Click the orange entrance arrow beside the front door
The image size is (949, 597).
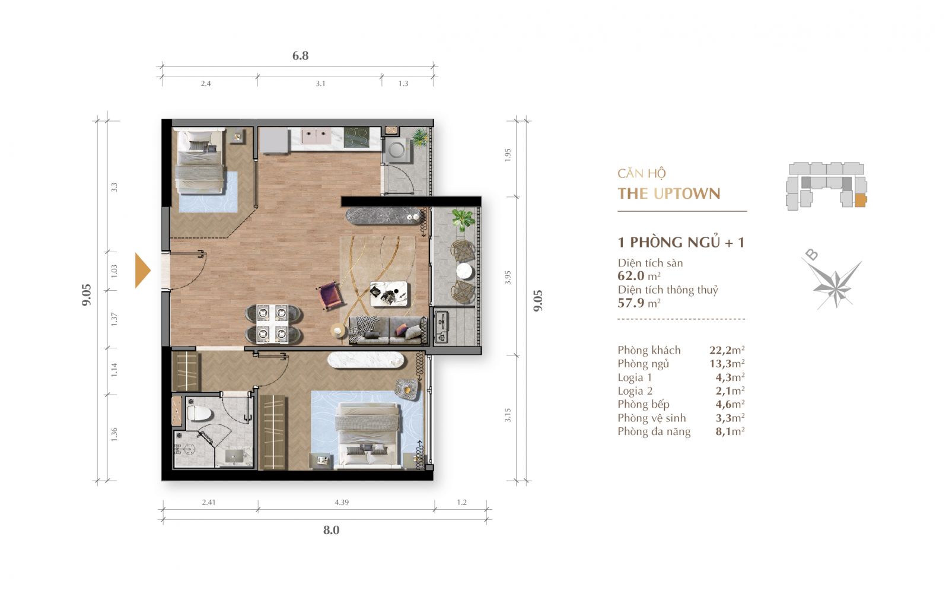pos(142,270)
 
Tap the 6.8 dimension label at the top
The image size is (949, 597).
pos(300,56)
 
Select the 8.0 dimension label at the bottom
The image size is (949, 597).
pos(332,530)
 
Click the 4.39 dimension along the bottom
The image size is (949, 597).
pos(342,502)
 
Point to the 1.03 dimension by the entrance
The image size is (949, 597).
pos(114,271)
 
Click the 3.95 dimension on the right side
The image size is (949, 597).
pos(508,277)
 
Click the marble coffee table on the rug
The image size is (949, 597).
pos(388,293)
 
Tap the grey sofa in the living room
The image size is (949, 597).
pos(386,330)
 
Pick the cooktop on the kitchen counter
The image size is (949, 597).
pos(356,137)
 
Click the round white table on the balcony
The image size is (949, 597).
pos(464,271)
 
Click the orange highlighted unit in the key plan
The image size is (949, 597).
pos(860,200)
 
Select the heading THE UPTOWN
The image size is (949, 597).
pos(668,194)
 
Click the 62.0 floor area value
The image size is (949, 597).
pos(631,276)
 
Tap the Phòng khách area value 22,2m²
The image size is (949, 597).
pos(727,350)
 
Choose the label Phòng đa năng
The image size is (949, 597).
pos(654,431)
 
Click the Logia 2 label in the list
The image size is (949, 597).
pos(635,391)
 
